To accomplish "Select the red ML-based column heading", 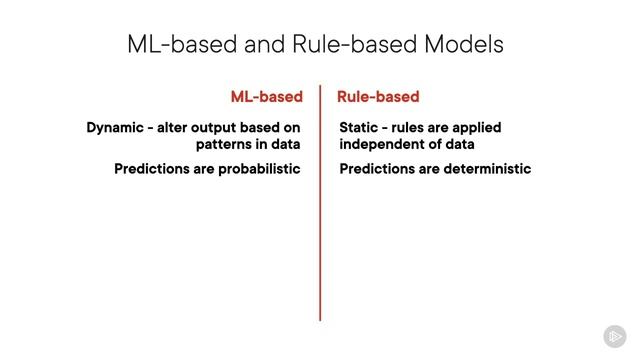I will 266,97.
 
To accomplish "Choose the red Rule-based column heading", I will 378,97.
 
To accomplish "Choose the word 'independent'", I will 381,144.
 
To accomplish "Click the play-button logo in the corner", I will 614,336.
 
